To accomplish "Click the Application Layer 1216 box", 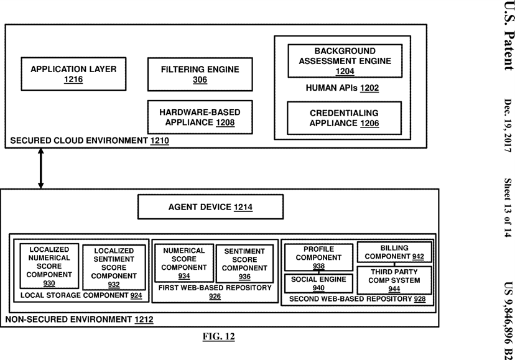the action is [73, 74].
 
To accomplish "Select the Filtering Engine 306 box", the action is [200, 74].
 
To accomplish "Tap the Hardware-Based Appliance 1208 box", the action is [200, 118].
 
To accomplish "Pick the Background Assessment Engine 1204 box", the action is [345, 61].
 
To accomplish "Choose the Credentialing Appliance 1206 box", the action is [344, 118].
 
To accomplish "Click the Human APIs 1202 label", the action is [342, 88].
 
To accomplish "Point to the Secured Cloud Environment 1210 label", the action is [90, 141].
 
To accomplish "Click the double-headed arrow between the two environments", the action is [40, 168].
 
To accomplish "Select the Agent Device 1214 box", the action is [210, 207].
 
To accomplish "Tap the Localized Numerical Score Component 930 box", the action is [49, 266].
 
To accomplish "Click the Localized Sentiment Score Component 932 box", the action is [114, 267].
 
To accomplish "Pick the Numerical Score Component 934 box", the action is [184, 263].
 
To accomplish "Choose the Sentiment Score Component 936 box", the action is [244, 264].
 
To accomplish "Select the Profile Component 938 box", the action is [318, 257].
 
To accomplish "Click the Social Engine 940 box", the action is [318, 284].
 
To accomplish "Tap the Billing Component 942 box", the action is [394, 252].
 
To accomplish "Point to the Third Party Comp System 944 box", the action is [394, 280].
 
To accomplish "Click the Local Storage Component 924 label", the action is [81, 295].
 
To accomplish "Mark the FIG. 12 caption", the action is [219, 336].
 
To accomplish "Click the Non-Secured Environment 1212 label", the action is [79, 319].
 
